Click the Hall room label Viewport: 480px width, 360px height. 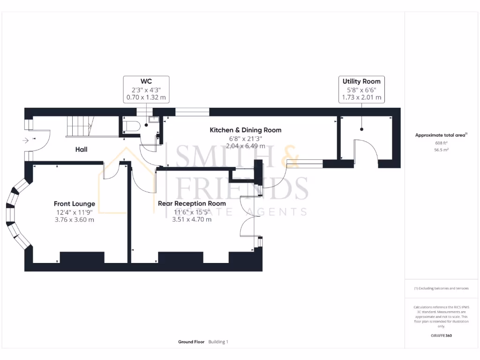coord(81,150)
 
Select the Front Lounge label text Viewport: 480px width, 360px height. coord(75,203)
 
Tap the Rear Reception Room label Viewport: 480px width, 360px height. coord(192,203)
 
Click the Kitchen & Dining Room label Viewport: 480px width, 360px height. coord(245,130)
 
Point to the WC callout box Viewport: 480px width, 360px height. coord(146,89)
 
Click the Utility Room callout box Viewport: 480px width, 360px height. coord(361,89)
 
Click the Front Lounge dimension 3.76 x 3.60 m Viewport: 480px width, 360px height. coord(75,219)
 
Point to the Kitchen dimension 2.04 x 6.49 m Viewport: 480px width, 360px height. coord(245,146)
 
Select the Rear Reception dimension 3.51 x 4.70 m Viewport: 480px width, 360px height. coord(192,219)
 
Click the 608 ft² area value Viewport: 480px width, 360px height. coord(441,143)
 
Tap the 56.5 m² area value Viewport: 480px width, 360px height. coord(441,150)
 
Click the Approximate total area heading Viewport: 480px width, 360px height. coord(441,135)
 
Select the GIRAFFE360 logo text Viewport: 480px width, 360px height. coord(441,336)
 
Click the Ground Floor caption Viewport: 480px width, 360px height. coord(191,342)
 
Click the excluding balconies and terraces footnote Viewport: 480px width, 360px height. coord(441,288)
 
